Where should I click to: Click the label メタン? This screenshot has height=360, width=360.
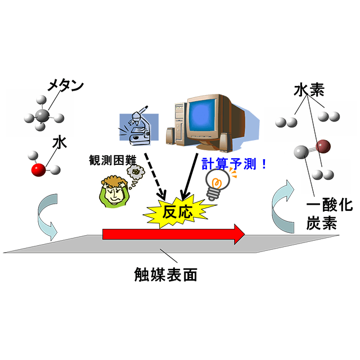(x=66, y=85)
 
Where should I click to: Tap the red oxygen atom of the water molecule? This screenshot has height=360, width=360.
(x=38, y=170)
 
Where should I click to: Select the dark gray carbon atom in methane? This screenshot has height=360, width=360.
(x=42, y=115)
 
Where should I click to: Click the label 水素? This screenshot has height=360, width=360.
(x=309, y=90)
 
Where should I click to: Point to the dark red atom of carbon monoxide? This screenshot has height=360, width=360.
(x=323, y=146)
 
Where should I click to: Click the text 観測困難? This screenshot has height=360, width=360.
(x=112, y=160)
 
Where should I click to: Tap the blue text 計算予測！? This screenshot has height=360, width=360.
(x=234, y=164)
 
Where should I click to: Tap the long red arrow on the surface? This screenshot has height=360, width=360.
(x=174, y=234)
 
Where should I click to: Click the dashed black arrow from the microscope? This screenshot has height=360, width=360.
(x=155, y=175)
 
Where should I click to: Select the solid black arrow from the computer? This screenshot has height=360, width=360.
(x=190, y=176)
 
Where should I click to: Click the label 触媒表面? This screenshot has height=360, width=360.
(x=165, y=274)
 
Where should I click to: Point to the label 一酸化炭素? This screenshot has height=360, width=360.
(x=329, y=214)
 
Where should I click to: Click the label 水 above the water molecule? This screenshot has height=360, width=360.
(x=60, y=142)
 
